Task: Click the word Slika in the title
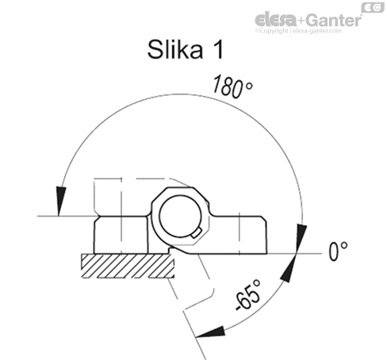tap(174, 50)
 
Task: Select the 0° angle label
tap(339, 251)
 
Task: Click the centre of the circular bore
tap(183, 216)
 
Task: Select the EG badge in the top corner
tap(369, 7)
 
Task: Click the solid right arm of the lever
tap(246, 234)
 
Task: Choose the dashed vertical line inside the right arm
tap(238, 234)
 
